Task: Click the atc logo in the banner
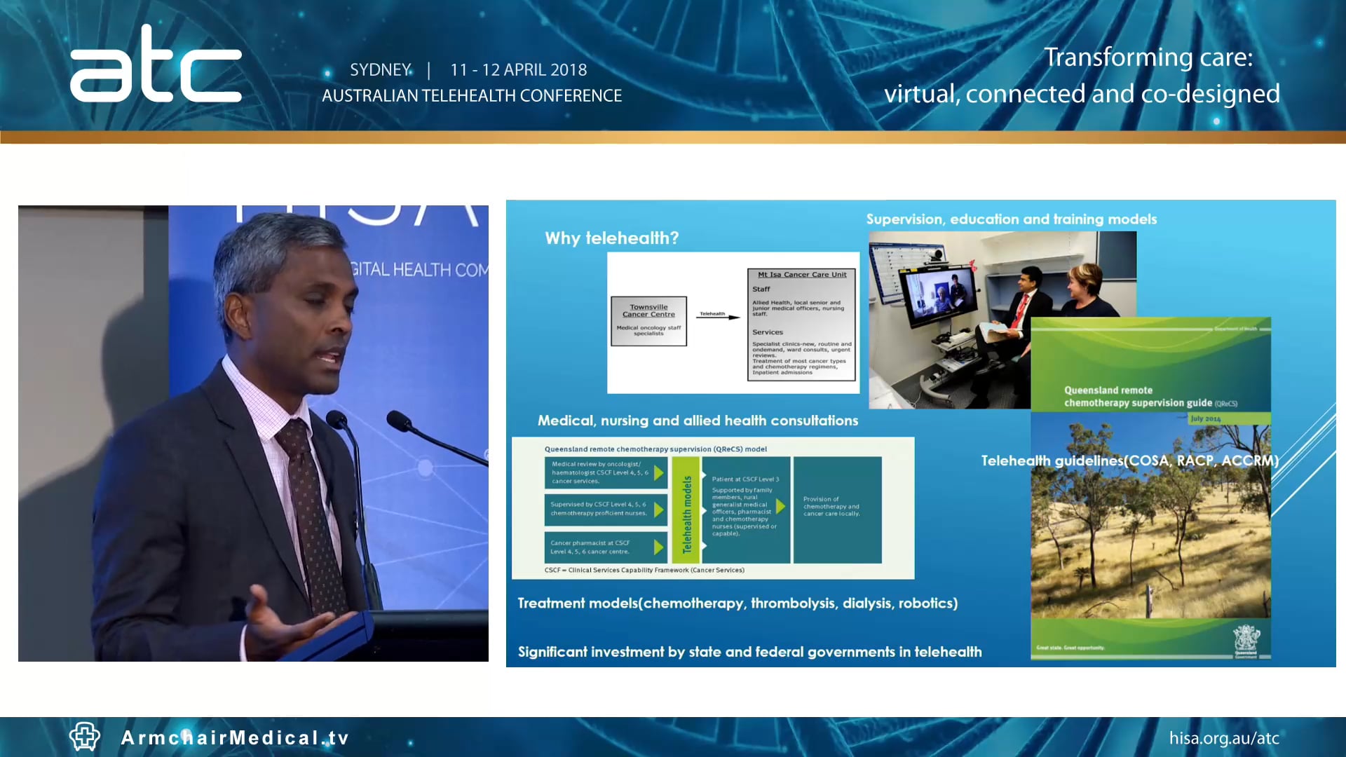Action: [156, 65]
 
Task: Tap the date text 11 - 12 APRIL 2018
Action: [518, 70]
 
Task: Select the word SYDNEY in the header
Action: [380, 70]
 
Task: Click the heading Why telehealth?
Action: [611, 238]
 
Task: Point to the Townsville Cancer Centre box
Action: [648, 320]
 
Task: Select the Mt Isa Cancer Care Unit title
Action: [802, 275]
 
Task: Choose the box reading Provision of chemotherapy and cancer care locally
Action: [837, 509]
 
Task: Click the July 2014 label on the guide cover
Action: [1205, 418]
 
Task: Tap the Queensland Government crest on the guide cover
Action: [1246, 639]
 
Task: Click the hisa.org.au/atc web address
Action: [1223, 738]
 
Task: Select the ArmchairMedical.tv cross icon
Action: [85, 737]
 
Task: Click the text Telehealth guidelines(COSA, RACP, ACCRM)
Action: [1129, 461]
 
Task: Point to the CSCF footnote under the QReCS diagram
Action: [644, 570]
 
